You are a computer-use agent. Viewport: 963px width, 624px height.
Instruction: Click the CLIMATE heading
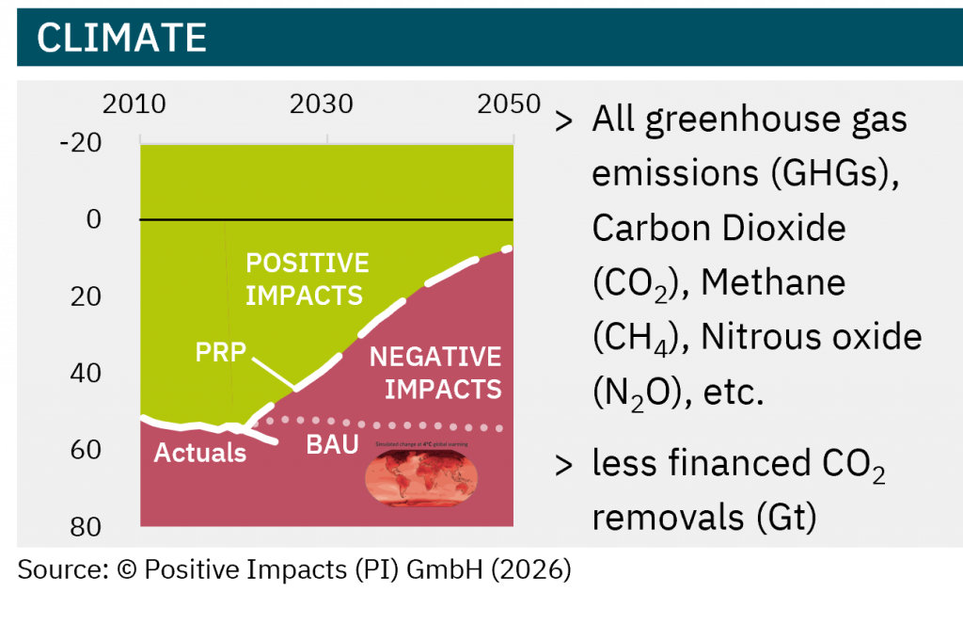(x=122, y=38)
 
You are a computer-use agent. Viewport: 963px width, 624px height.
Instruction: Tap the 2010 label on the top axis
(x=134, y=103)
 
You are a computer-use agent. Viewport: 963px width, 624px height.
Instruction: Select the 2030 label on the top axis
(x=322, y=103)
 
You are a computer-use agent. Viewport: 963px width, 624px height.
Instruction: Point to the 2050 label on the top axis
(x=509, y=103)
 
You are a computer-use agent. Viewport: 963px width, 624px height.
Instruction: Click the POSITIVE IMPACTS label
(x=306, y=279)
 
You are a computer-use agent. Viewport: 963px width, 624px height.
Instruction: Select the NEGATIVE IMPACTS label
(x=435, y=373)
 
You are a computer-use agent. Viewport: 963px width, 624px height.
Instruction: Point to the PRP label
(x=220, y=353)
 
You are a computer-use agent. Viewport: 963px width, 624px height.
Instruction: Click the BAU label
(x=332, y=445)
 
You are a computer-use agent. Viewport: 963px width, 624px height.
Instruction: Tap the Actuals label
(x=199, y=453)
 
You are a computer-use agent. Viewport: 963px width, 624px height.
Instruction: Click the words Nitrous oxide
(x=816, y=336)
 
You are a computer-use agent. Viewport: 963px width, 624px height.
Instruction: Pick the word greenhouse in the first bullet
(x=750, y=120)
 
